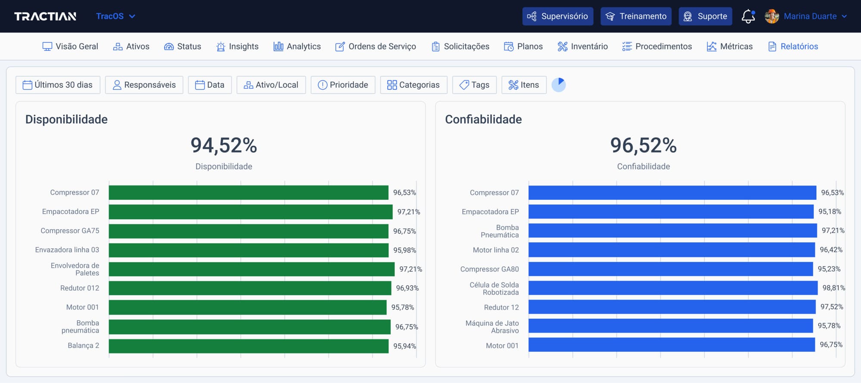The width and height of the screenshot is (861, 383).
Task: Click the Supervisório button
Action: point(557,16)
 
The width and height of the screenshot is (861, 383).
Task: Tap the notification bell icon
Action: point(748,16)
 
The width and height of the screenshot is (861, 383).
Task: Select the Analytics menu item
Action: point(297,46)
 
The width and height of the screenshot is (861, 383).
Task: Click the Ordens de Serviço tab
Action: point(375,46)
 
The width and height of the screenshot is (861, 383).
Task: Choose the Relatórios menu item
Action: point(793,46)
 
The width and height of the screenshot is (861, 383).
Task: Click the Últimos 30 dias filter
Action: point(58,85)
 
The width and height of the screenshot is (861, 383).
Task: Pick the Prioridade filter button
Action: point(343,85)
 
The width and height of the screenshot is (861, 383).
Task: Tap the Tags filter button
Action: point(474,85)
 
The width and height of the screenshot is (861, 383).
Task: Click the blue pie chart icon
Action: point(558,85)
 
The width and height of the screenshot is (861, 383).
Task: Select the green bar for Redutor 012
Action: point(250,288)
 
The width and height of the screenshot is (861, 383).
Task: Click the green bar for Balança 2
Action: point(248,346)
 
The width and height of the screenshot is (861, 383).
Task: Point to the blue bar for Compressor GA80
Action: point(670,269)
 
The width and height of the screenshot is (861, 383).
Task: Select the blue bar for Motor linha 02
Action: point(672,250)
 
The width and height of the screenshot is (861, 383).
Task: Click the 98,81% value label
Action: point(833,288)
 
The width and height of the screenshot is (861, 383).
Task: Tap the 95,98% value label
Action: point(404,250)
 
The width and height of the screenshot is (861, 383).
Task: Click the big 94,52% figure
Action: point(223,145)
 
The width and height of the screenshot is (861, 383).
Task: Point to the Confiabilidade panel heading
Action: point(483,119)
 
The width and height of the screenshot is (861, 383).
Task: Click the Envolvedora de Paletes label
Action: point(75,269)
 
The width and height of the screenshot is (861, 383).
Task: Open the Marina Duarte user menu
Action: point(809,16)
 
